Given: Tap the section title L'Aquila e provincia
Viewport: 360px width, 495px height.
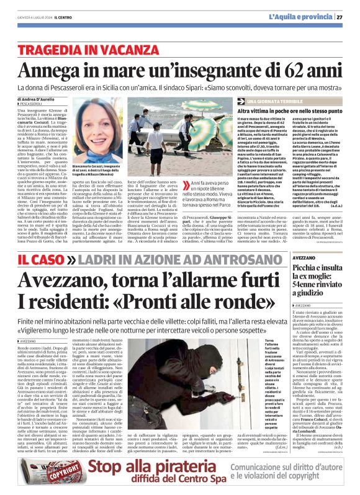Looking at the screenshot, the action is pos(300,17).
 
